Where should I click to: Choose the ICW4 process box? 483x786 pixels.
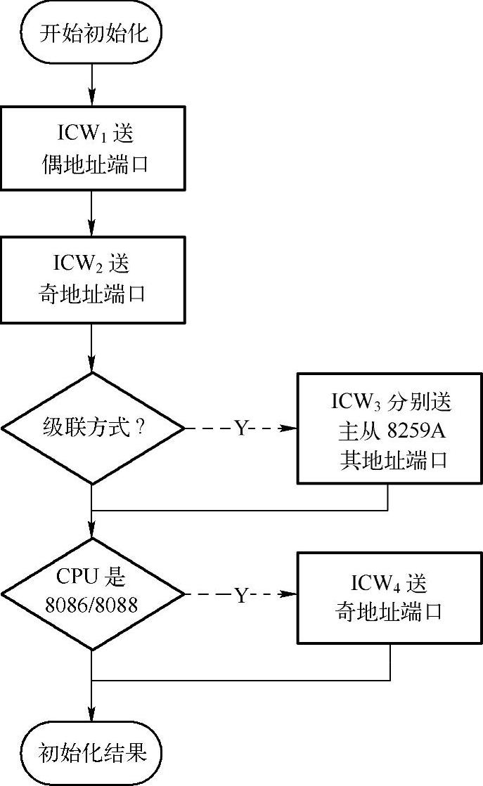click(388, 597)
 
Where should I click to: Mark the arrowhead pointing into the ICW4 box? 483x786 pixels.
click(291, 596)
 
